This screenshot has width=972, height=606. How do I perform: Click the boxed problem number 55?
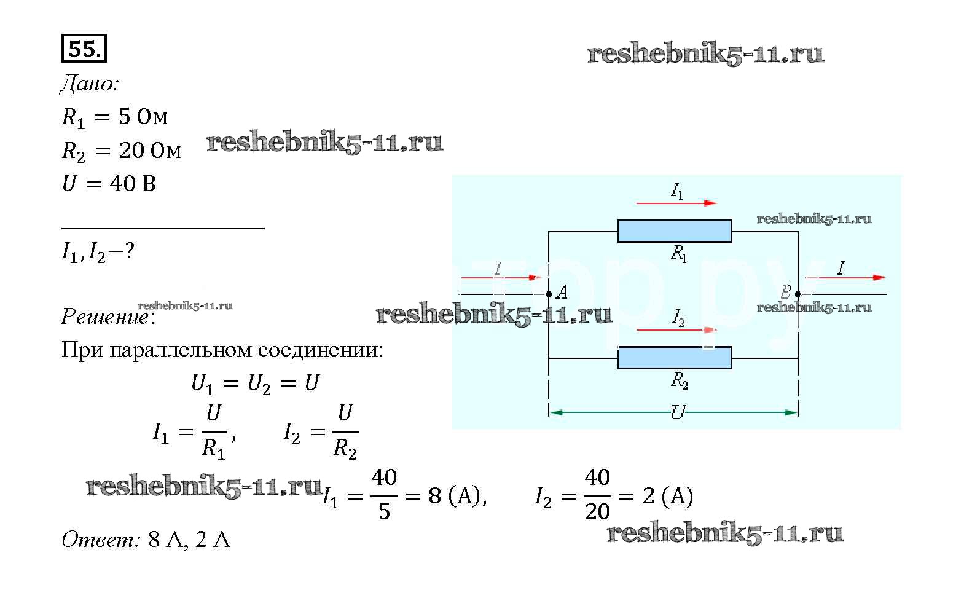(84, 49)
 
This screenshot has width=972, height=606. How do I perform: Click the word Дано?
(89, 84)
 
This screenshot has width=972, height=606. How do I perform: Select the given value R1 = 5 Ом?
(114, 117)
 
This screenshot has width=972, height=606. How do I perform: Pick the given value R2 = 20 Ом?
(122, 151)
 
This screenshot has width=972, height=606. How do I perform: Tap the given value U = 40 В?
(109, 183)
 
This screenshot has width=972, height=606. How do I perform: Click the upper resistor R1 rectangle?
(674, 231)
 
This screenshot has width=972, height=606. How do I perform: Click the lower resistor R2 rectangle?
(674, 358)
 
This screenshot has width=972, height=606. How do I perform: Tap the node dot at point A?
(549, 294)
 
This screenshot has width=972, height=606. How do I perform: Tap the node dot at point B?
(798, 294)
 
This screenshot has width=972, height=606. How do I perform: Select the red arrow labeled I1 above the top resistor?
(676, 203)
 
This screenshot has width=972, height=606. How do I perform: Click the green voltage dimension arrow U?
(673, 412)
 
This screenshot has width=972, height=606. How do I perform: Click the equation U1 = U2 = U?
(255, 384)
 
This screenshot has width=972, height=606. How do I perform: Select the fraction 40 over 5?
(384, 495)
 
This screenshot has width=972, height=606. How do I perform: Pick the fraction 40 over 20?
(597, 495)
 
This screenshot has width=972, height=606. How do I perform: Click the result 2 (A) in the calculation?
(667, 496)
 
